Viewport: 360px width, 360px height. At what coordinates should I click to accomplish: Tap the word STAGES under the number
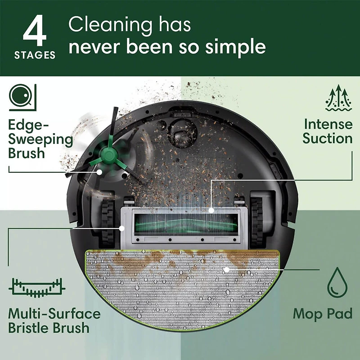(35, 56)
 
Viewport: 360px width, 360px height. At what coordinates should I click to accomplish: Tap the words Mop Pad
(322, 313)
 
